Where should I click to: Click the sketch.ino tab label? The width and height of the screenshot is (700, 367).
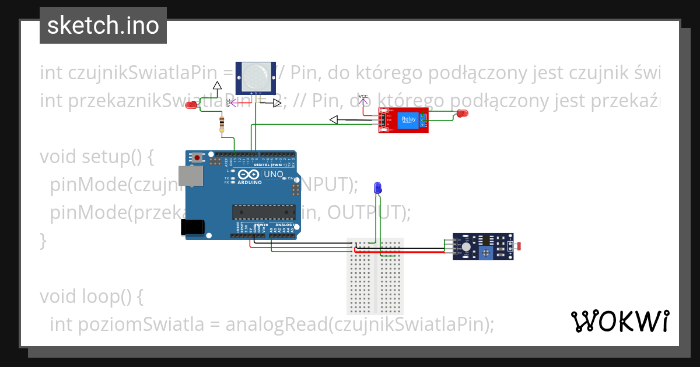point(103,26)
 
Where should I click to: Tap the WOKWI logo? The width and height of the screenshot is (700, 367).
point(619,321)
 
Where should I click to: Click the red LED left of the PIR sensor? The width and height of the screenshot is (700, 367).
point(191,105)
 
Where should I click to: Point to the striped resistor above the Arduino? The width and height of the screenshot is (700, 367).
point(221,124)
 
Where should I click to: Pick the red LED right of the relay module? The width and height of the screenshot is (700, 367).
point(463,114)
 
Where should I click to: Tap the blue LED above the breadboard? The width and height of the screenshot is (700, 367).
point(377,188)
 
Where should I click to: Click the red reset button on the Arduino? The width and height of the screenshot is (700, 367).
point(198,157)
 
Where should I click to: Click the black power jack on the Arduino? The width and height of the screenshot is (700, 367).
point(193,227)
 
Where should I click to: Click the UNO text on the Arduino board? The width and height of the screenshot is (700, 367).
point(274,175)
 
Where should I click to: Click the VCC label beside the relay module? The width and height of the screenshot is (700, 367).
point(363,96)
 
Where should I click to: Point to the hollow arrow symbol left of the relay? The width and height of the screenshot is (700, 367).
point(334,120)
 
